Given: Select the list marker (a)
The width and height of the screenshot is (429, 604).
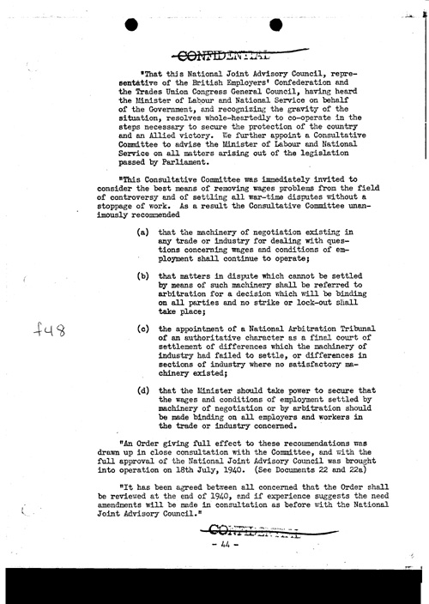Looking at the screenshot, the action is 142,257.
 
